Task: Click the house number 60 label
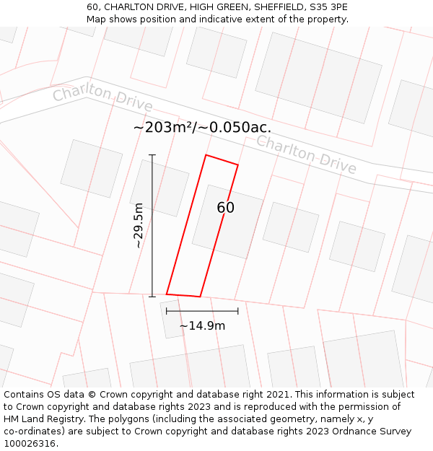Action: click(x=226, y=208)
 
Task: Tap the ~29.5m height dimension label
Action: click(x=139, y=225)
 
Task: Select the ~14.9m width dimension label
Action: click(x=202, y=325)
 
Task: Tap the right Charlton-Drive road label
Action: click(x=306, y=154)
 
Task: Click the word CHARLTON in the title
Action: click(x=128, y=6)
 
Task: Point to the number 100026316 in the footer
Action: click(x=31, y=444)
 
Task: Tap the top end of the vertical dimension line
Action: click(x=152, y=155)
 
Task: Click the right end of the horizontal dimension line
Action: click(x=238, y=311)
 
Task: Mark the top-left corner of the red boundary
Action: click(x=206, y=155)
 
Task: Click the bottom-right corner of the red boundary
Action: click(x=200, y=297)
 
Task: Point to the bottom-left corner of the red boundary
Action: click(x=167, y=294)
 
